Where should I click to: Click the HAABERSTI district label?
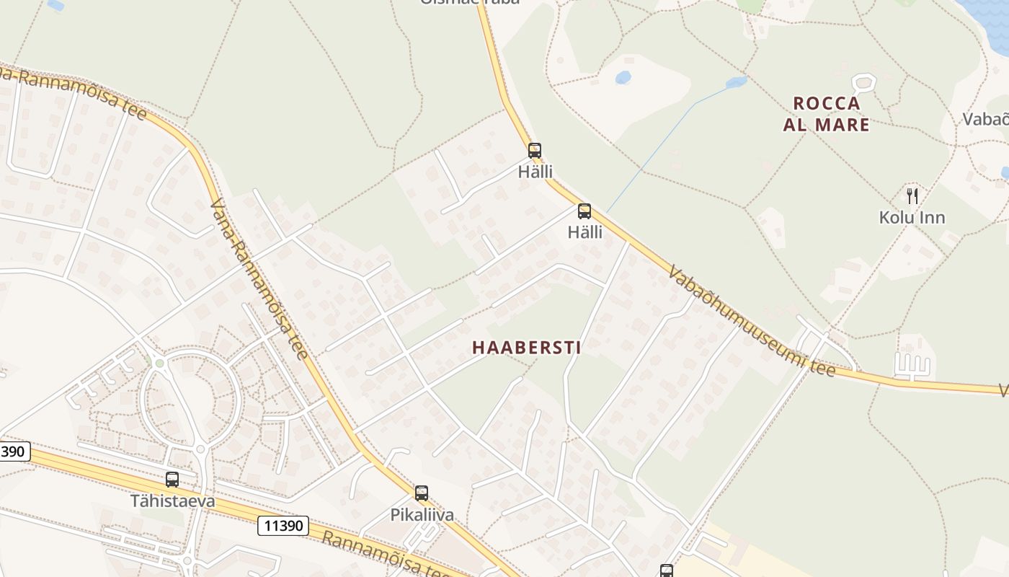(x=526, y=348)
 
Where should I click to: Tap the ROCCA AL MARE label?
(x=826, y=114)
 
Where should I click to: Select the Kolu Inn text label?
(x=912, y=217)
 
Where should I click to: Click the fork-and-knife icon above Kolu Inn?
(x=912, y=195)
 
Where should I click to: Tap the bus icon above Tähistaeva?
(x=172, y=480)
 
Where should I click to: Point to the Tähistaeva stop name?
(x=172, y=501)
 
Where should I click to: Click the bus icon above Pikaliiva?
(x=422, y=493)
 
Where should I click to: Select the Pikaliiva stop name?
(x=422, y=515)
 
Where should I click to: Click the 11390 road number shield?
(x=283, y=526)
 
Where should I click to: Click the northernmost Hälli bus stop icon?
(x=534, y=151)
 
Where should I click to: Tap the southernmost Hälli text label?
(x=584, y=232)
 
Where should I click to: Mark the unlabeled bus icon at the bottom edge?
(x=667, y=571)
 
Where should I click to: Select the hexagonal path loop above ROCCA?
(x=863, y=82)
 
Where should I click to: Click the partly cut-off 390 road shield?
(x=14, y=452)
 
